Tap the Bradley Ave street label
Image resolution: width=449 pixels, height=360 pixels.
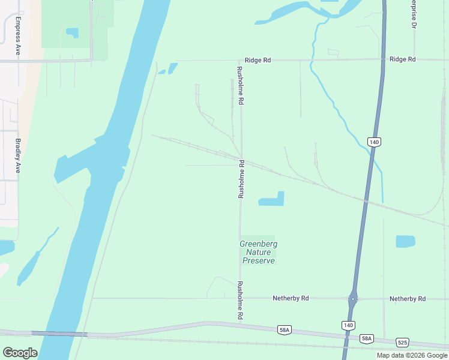[x=17, y=156]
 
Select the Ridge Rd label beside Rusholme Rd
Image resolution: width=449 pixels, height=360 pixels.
[x=258, y=61]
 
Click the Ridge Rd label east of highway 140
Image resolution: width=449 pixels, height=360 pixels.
[x=402, y=59]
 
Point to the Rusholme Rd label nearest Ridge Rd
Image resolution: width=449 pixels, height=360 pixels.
[x=240, y=86]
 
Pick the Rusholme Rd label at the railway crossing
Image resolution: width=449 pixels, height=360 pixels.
[x=241, y=179]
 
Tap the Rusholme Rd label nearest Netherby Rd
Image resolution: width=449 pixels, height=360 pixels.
[x=240, y=300]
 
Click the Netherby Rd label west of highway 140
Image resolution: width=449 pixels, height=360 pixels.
[x=291, y=298]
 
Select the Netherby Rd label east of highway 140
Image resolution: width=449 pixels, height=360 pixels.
[x=407, y=298]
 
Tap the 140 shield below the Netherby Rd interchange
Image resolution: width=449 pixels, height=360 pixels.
[x=348, y=325]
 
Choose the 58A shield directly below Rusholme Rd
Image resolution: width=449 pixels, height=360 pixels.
[x=285, y=330]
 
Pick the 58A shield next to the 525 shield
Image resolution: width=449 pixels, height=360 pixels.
[x=366, y=339]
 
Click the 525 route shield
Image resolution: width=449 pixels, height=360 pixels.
[x=402, y=343]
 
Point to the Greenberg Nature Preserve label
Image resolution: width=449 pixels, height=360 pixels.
[x=258, y=252]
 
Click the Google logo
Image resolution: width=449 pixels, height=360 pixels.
[x=20, y=353]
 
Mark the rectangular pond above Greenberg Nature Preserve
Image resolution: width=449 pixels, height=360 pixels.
[x=271, y=199]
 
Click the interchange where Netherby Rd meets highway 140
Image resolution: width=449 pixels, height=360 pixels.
[x=354, y=298]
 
